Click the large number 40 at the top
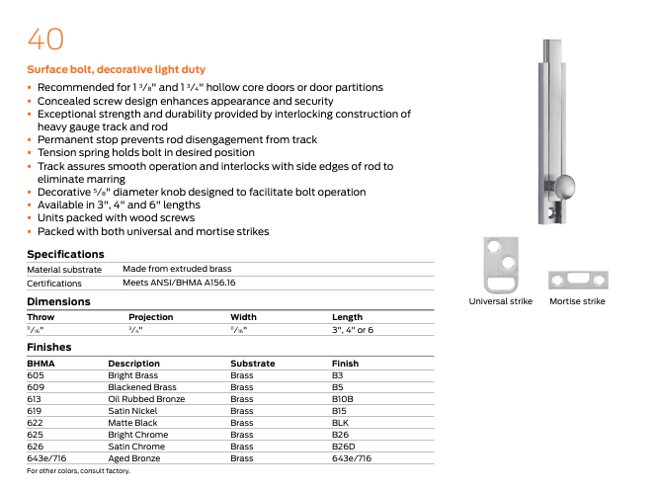45,39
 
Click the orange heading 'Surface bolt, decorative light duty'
116,70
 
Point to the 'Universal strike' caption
500,301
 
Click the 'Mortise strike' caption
577,301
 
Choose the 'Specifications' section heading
65,254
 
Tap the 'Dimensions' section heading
58,301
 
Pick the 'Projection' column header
150,317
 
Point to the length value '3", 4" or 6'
353,329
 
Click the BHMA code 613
35,399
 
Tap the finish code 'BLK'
341,423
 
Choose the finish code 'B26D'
343,447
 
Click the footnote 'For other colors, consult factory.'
78,471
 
